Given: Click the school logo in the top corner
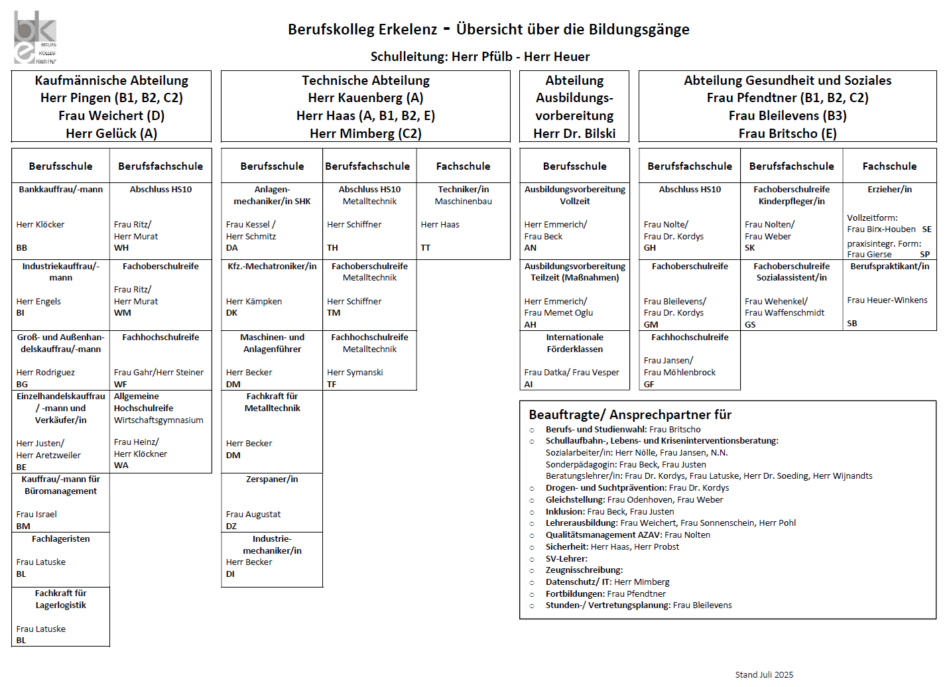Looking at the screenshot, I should (35, 37).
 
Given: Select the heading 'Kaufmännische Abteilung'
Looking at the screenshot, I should (111, 81).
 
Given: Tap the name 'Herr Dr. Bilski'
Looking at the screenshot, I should (574, 133).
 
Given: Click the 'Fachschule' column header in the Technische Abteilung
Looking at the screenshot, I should (463, 166).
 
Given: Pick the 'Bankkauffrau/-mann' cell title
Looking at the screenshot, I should (61, 190).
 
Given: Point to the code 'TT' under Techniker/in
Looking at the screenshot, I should (426, 248).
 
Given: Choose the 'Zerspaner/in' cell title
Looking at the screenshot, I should (272, 479).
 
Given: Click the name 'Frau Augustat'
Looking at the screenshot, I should (253, 515).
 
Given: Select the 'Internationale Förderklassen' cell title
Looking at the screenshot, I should (574, 343).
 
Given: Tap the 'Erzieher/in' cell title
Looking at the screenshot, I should (889, 190).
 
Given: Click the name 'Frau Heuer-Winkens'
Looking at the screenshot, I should (887, 300).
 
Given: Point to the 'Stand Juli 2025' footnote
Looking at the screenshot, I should (764, 674).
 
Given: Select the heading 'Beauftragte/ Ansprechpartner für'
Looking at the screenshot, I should (630, 415).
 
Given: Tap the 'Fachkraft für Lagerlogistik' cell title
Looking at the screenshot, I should (61, 599).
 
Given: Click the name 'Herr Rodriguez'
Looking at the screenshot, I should (46, 373).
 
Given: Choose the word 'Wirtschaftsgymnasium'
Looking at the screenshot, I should (158, 420).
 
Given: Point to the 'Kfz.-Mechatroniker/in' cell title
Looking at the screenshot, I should (272, 267).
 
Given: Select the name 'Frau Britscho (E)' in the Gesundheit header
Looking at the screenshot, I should (787, 133).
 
